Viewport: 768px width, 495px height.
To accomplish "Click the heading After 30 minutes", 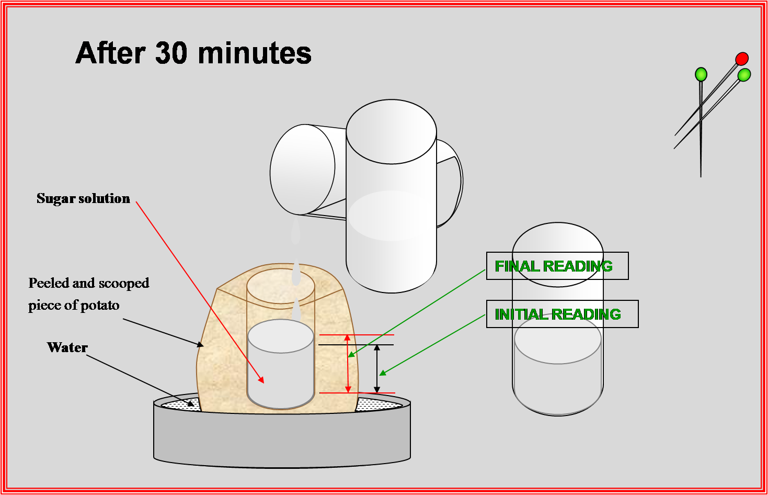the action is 193,53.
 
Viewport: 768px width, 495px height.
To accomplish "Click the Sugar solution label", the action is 83,198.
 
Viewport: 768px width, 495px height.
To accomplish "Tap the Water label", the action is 67,347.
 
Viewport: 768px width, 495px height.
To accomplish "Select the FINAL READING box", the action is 557,266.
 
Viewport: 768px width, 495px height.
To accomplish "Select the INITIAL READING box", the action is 562,314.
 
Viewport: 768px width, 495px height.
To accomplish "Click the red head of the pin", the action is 741,59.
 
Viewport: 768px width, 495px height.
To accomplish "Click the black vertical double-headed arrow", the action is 377,369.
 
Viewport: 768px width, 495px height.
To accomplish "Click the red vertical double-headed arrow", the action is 348,364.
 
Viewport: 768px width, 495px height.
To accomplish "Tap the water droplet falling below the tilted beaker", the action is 295,231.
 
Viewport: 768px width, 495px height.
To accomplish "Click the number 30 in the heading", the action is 171,53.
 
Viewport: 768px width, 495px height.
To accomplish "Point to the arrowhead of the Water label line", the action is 191,403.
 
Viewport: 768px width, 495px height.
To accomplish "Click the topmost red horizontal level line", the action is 357,335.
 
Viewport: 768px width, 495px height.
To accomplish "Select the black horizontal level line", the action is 356,345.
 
